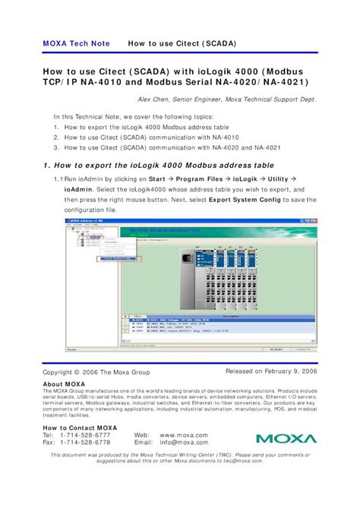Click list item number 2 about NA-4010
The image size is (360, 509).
coord(152,138)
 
